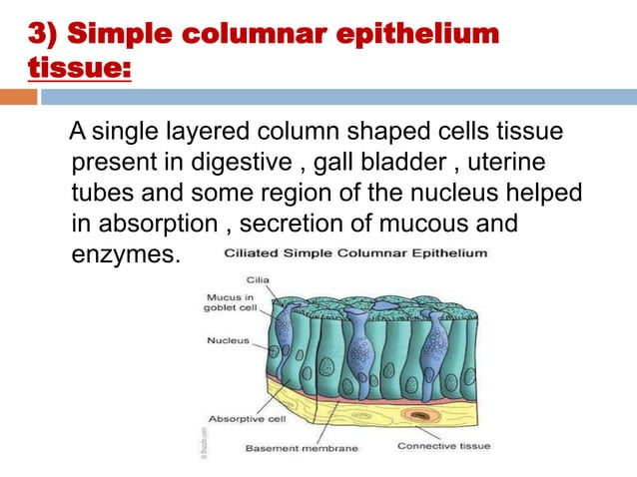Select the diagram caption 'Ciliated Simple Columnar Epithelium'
(x=354, y=253)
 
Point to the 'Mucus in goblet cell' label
(x=228, y=303)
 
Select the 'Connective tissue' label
(x=443, y=446)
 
